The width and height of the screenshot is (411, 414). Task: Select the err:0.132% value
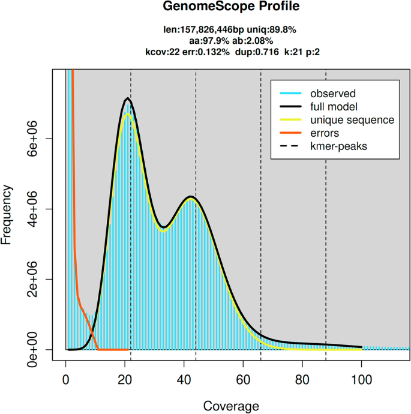[209, 52]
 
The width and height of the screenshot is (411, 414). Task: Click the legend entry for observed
[332, 94]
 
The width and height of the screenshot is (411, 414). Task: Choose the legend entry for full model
[334, 107]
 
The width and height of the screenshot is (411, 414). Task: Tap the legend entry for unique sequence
[352, 120]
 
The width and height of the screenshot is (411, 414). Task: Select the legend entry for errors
[324, 133]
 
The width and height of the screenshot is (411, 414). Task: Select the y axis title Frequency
[8, 214]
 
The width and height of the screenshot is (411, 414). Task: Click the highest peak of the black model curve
[127, 98]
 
